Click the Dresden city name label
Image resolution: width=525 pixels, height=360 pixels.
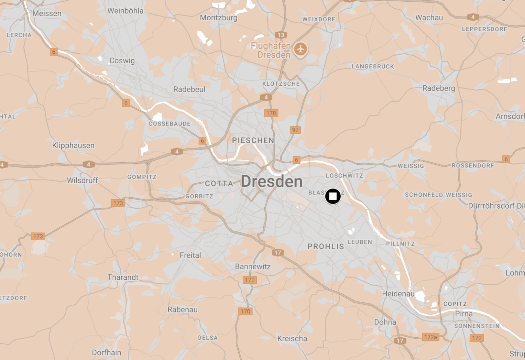[271, 181]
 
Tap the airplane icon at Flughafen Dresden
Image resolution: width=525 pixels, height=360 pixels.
[301, 49]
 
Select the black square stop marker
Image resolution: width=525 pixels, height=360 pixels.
[333, 196]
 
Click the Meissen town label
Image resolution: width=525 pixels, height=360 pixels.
[47, 13]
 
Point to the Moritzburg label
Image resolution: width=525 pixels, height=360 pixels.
[218, 17]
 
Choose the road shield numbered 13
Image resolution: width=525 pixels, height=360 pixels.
[281, 35]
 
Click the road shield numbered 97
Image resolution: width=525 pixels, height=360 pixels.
[295, 130]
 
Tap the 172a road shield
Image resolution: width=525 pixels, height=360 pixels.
[431, 337]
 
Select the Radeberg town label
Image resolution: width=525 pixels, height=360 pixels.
[438, 88]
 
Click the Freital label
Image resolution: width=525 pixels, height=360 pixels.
[190, 255]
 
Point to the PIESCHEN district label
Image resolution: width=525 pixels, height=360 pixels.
[253, 140]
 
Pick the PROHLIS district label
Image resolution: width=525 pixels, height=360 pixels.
[326, 246]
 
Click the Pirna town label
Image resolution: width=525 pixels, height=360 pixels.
[464, 314]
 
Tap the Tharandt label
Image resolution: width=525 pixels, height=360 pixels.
[123, 277]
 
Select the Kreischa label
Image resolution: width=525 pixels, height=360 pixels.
[292, 338]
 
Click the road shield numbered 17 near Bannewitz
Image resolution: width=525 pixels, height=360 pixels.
[278, 253]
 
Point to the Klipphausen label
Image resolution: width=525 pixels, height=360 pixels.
[73, 146]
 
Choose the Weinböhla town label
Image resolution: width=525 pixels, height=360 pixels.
[125, 11]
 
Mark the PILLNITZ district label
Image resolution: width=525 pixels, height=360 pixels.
[400, 244]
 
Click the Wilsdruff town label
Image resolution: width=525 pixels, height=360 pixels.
[82, 180]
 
